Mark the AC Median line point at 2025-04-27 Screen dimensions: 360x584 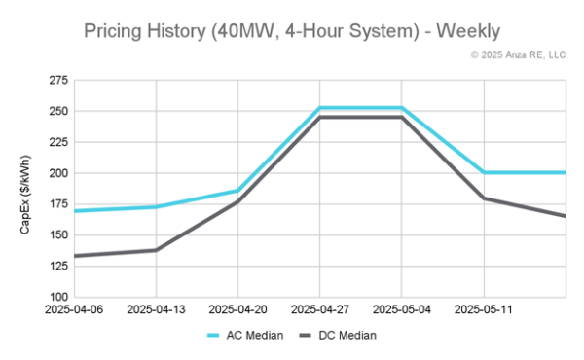pyautogui.click(x=319, y=108)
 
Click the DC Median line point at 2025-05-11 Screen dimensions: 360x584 pyautogui.click(x=483, y=198)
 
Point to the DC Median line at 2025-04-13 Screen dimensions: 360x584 pyautogui.click(x=156, y=250)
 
